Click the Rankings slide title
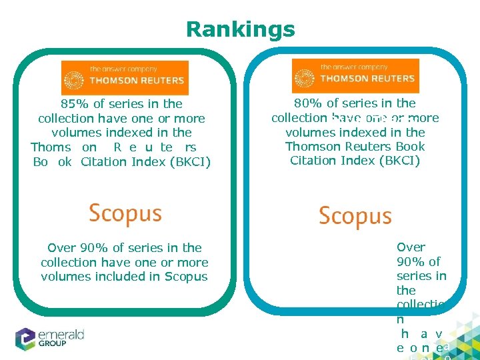[240, 29]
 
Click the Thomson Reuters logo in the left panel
[125, 78]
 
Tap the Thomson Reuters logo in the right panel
[355, 76]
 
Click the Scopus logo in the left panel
[125, 213]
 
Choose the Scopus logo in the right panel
[355, 216]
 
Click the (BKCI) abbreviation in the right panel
[400, 161]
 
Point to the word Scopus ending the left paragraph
[189, 277]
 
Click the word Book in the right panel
[411, 147]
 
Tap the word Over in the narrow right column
[411, 247]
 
